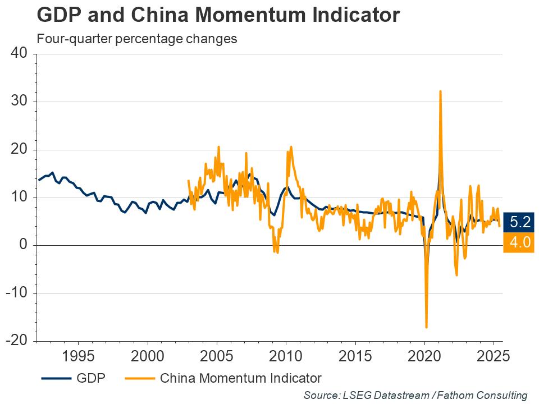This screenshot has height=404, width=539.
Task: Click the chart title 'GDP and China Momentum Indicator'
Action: (x=218, y=15)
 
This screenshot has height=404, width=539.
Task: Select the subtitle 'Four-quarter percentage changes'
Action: (x=136, y=39)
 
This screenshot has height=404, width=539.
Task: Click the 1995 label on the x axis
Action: (x=77, y=356)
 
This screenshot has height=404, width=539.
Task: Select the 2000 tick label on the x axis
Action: (x=147, y=356)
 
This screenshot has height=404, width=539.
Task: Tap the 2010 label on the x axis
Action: (x=286, y=356)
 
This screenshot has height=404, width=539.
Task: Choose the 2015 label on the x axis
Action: (x=355, y=356)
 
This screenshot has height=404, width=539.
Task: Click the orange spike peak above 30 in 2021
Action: (x=440, y=91)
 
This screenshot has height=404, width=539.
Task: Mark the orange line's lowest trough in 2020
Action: (x=427, y=327)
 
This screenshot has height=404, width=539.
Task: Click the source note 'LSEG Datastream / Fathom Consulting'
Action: (x=415, y=395)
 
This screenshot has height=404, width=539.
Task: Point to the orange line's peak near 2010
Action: (x=291, y=147)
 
